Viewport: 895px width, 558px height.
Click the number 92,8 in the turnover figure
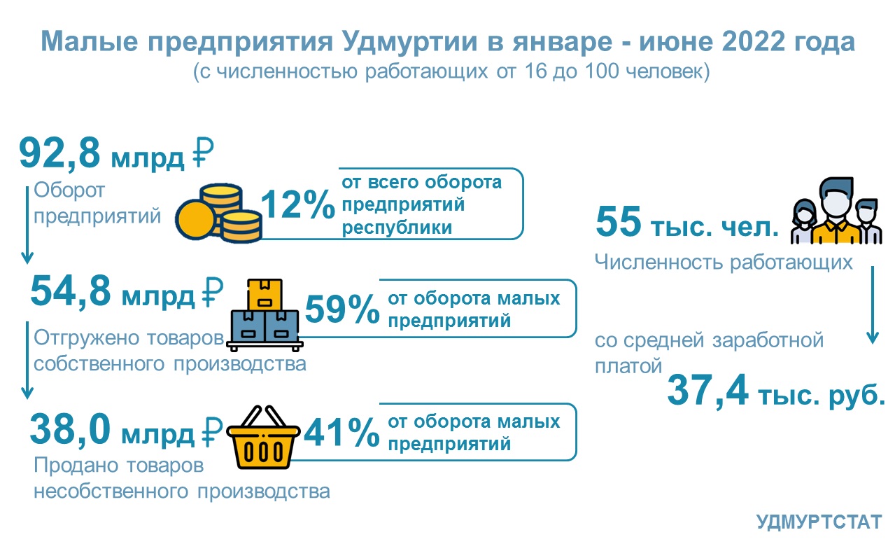(59, 154)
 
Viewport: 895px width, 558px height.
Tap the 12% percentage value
(298, 204)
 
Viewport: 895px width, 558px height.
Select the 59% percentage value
(342, 309)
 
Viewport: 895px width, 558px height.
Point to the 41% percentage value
(342, 432)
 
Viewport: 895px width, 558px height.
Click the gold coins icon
(218, 213)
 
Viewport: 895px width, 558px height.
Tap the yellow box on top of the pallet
(265, 294)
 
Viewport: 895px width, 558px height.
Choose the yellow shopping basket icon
(263, 437)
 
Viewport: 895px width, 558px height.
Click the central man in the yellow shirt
(837, 212)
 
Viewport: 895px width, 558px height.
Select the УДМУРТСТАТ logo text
(819, 522)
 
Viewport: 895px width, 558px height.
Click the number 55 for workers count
(619, 221)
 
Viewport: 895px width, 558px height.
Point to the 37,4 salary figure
(707, 390)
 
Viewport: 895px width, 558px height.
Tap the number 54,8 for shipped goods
(70, 291)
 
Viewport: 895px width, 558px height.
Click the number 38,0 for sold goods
(70, 429)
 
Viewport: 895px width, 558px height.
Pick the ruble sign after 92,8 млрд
(203, 153)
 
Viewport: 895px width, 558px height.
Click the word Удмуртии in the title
(410, 41)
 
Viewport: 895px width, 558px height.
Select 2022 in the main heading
(754, 41)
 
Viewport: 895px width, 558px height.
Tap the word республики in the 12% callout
(397, 228)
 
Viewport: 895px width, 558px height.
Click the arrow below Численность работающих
(872, 305)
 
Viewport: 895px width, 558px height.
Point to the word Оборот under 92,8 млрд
(69, 190)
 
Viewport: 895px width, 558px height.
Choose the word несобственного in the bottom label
(111, 491)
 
